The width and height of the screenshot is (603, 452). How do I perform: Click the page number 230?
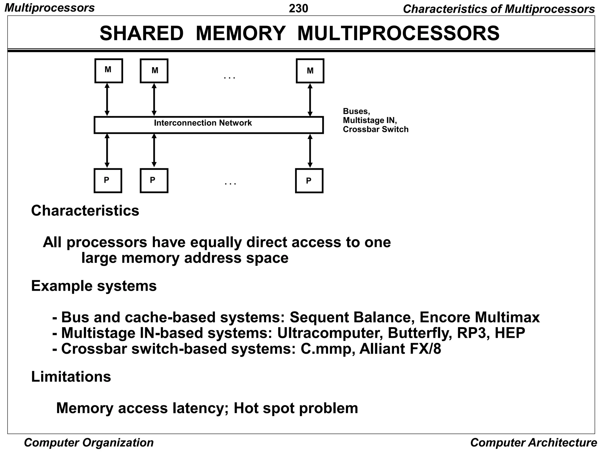tap(298, 9)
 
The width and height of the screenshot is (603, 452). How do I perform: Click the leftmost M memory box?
tap(108, 71)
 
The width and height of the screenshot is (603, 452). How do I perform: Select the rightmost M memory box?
tap(310, 71)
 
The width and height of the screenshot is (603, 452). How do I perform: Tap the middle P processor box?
tap(154, 180)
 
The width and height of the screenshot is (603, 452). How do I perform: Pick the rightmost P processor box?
tap(309, 180)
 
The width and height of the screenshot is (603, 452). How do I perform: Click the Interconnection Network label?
tap(203, 123)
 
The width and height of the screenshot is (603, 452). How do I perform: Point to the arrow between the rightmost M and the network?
tap(310, 100)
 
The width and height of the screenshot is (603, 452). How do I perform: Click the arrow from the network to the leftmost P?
tap(107, 151)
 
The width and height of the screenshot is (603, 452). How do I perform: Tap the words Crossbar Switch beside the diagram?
tap(375, 129)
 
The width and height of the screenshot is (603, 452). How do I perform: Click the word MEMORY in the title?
tap(240, 33)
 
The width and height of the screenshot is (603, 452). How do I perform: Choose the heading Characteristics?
tap(85, 211)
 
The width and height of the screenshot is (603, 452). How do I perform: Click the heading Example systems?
tap(94, 286)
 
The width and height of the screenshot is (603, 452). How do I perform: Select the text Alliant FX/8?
tap(400, 349)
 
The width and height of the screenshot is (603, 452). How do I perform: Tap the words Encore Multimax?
tap(479, 317)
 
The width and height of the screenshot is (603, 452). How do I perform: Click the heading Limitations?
tap(71, 376)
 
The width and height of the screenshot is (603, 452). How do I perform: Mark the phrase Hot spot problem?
tap(296, 408)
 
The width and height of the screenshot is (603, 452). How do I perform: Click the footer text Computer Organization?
tap(89, 443)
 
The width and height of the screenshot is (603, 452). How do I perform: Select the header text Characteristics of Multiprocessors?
tap(498, 9)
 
